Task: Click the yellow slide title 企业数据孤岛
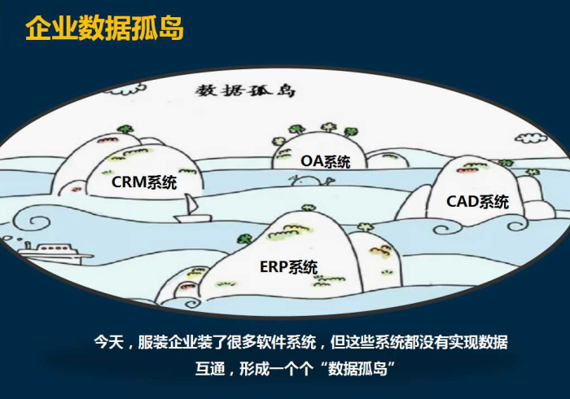click(104, 28)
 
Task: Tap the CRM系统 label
click(144, 182)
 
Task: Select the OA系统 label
click(326, 161)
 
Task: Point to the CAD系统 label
click(477, 201)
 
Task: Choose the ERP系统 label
click(289, 266)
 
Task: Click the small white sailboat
click(191, 210)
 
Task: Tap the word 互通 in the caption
click(212, 368)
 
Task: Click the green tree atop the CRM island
click(124, 129)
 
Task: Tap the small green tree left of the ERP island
click(241, 239)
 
